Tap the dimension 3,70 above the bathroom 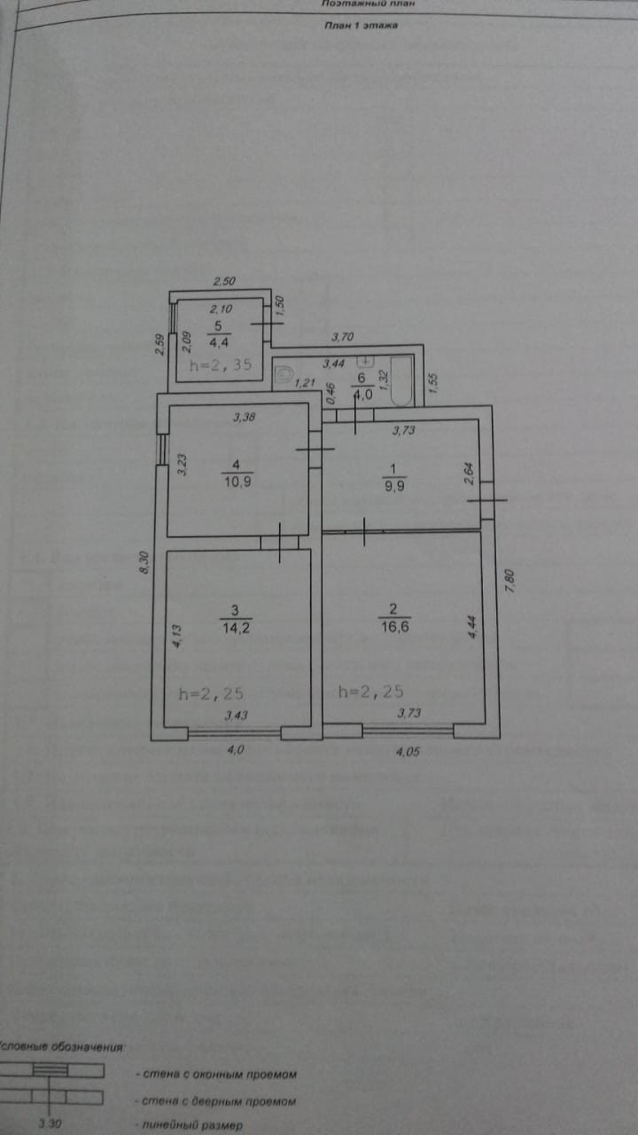(342, 337)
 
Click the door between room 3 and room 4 (279, 542)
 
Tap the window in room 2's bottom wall (408, 732)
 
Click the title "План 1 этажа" (361, 26)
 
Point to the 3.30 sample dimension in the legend (51, 1125)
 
